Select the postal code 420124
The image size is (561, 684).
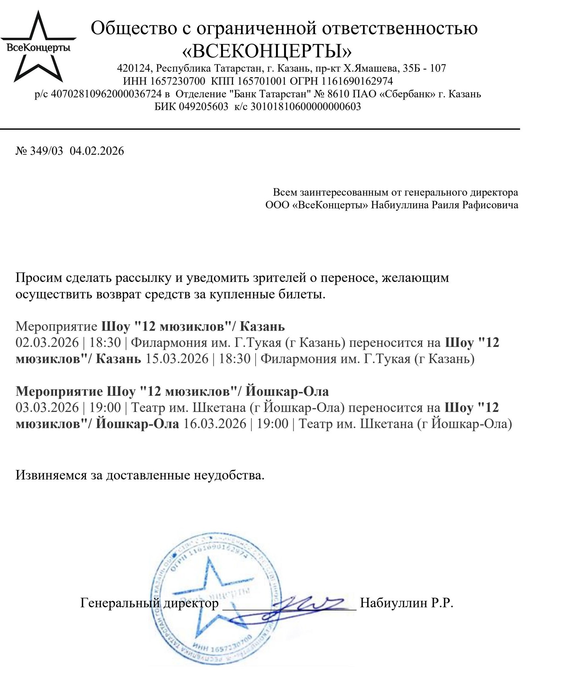134,68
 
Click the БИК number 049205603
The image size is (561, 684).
203,106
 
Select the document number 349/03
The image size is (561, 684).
47,151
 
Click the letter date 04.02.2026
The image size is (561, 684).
97,151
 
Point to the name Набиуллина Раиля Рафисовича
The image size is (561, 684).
444,205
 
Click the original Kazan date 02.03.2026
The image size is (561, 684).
47,342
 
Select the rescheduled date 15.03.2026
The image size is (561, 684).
177,359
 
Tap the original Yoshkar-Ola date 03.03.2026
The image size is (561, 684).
47,407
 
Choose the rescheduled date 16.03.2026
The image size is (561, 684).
215,424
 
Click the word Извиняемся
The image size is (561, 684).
51,475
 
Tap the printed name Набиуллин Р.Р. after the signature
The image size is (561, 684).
407,603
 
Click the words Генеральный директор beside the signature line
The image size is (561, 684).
149,603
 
